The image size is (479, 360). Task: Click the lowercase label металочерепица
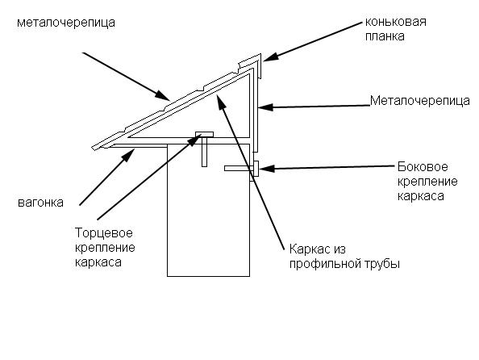click(66, 23)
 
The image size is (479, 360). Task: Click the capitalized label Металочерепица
click(420, 101)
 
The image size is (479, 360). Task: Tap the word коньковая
click(396, 22)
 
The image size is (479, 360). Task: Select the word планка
click(385, 36)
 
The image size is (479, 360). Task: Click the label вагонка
click(40, 203)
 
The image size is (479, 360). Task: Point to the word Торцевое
click(104, 233)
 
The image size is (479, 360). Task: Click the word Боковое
click(423, 167)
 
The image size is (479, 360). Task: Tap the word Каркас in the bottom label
click(309, 249)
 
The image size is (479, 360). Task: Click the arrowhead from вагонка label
click(128, 155)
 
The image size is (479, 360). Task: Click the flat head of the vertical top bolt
click(204, 134)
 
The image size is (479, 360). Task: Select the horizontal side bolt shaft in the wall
click(239, 168)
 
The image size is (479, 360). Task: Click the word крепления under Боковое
click(427, 182)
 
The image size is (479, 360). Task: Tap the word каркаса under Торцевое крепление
click(98, 262)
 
